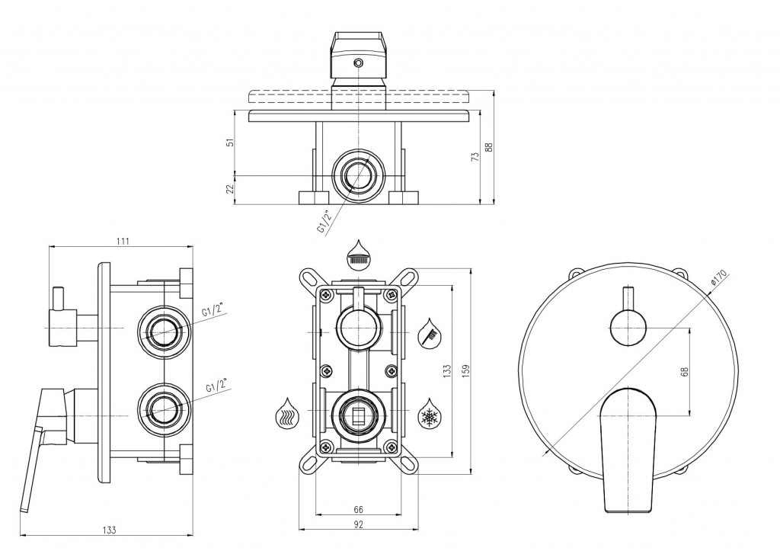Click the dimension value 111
point(123,242)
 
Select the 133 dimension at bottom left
point(110,530)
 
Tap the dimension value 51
point(230,143)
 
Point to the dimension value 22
point(230,189)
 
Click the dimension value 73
point(475,156)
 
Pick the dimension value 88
point(489,147)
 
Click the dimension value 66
point(358,510)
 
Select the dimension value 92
point(358,524)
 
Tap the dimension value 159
point(465,371)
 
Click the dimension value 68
point(685,371)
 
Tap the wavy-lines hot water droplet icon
point(287,413)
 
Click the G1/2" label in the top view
point(324,222)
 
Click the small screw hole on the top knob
point(357,62)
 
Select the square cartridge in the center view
point(358,414)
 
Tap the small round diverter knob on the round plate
point(628,328)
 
